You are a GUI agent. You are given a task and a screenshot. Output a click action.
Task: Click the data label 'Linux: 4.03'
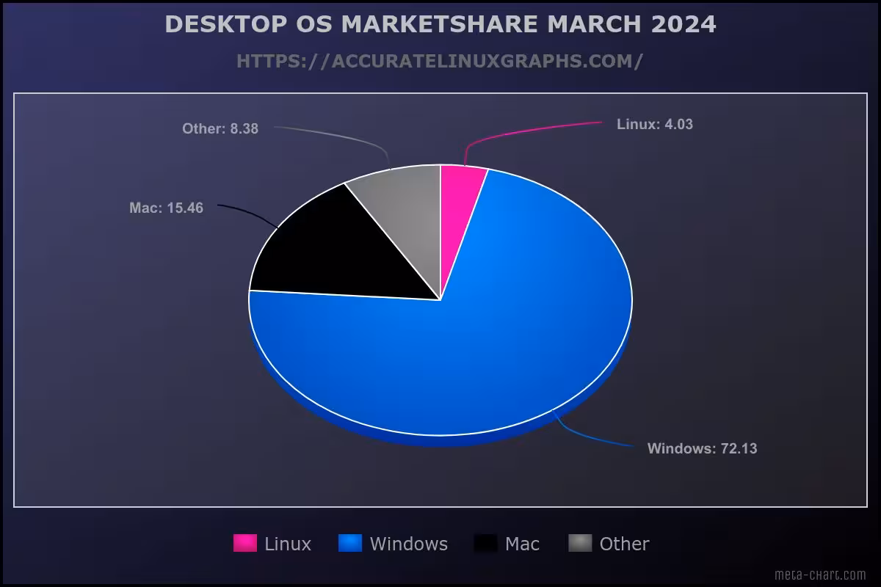(x=654, y=125)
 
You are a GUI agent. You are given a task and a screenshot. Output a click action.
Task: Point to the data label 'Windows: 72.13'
(x=702, y=448)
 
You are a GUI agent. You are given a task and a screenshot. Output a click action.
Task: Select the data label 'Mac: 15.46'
(x=166, y=208)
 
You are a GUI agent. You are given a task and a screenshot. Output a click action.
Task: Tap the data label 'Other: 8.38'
(x=220, y=129)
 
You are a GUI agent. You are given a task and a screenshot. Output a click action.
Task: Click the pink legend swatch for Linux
(x=245, y=543)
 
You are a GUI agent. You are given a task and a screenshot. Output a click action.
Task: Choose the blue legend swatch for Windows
(x=350, y=543)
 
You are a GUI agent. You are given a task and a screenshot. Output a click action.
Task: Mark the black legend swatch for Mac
(x=486, y=543)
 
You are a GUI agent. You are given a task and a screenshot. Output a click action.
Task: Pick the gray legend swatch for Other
(x=580, y=543)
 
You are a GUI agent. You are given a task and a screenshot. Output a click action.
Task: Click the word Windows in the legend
(x=408, y=544)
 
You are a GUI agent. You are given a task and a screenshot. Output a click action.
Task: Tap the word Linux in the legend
(x=288, y=544)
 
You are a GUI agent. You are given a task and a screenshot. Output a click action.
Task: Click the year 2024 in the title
(x=683, y=24)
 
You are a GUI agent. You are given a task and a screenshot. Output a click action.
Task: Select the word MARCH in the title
(x=595, y=24)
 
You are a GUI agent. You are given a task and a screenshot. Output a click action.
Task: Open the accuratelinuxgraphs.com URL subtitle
(x=440, y=61)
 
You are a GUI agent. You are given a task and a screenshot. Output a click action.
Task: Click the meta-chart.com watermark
(x=820, y=575)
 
